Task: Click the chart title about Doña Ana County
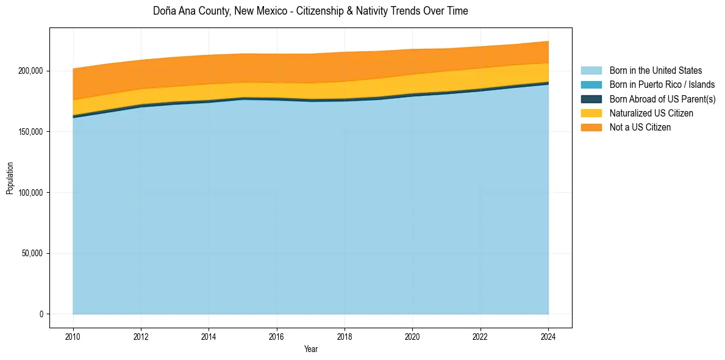coord(310,11)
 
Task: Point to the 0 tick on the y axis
coord(41,314)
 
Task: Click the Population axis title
coord(10,178)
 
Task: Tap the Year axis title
coord(310,349)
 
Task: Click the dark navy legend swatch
coord(591,99)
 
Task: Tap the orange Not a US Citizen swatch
coord(591,128)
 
